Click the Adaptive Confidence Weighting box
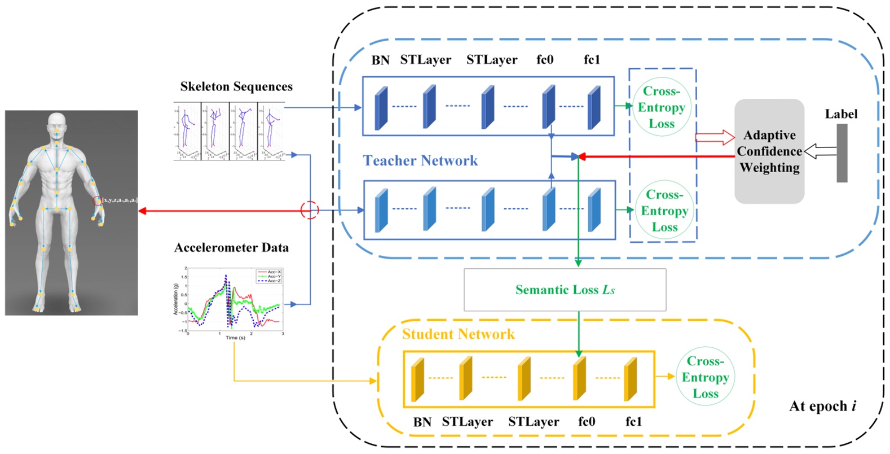[x=769, y=151]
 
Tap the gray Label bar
[x=841, y=153]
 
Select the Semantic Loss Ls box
[x=565, y=290]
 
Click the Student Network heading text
[x=458, y=334]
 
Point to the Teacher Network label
[x=420, y=161]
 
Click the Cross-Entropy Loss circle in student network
[x=705, y=377]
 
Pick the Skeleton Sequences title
[x=236, y=86]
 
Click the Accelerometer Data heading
[x=231, y=247]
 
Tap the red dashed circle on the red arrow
[x=310, y=210]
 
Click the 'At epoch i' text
[x=822, y=406]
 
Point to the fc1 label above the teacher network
[x=592, y=60]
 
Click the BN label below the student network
[x=422, y=422]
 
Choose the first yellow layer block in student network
[x=417, y=379]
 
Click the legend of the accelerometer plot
[x=269, y=276]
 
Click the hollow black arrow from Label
[x=819, y=151]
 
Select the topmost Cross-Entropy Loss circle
[x=662, y=107]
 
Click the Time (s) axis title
[x=235, y=338]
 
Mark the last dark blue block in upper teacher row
[x=593, y=107]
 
